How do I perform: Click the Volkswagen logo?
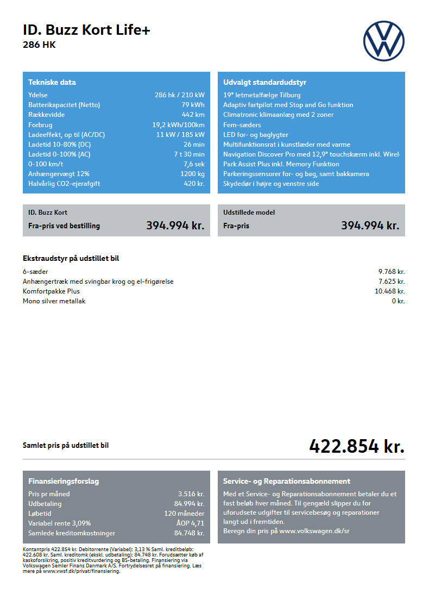(x=383, y=41)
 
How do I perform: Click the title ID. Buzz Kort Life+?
(x=86, y=30)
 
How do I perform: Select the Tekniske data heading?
(x=52, y=83)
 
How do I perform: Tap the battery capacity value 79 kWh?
(x=193, y=105)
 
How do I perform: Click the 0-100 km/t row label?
(x=46, y=164)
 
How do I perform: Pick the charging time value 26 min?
(x=194, y=145)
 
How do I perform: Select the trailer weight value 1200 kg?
(x=192, y=174)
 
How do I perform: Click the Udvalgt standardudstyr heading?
(x=264, y=83)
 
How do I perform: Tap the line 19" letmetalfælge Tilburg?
(x=262, y=95)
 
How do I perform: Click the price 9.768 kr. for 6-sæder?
(x=392, y=272)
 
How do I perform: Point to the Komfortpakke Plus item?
(x=51, y=291)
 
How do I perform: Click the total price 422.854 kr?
(x=357, y=446)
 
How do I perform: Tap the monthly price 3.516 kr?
(x=191, y=494)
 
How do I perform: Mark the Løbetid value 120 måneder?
(x=184, y=514)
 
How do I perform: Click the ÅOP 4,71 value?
(x=191, y=523)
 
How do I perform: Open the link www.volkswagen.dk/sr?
(x=314, y=531)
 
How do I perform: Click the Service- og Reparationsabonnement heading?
(x=287, y=482)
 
